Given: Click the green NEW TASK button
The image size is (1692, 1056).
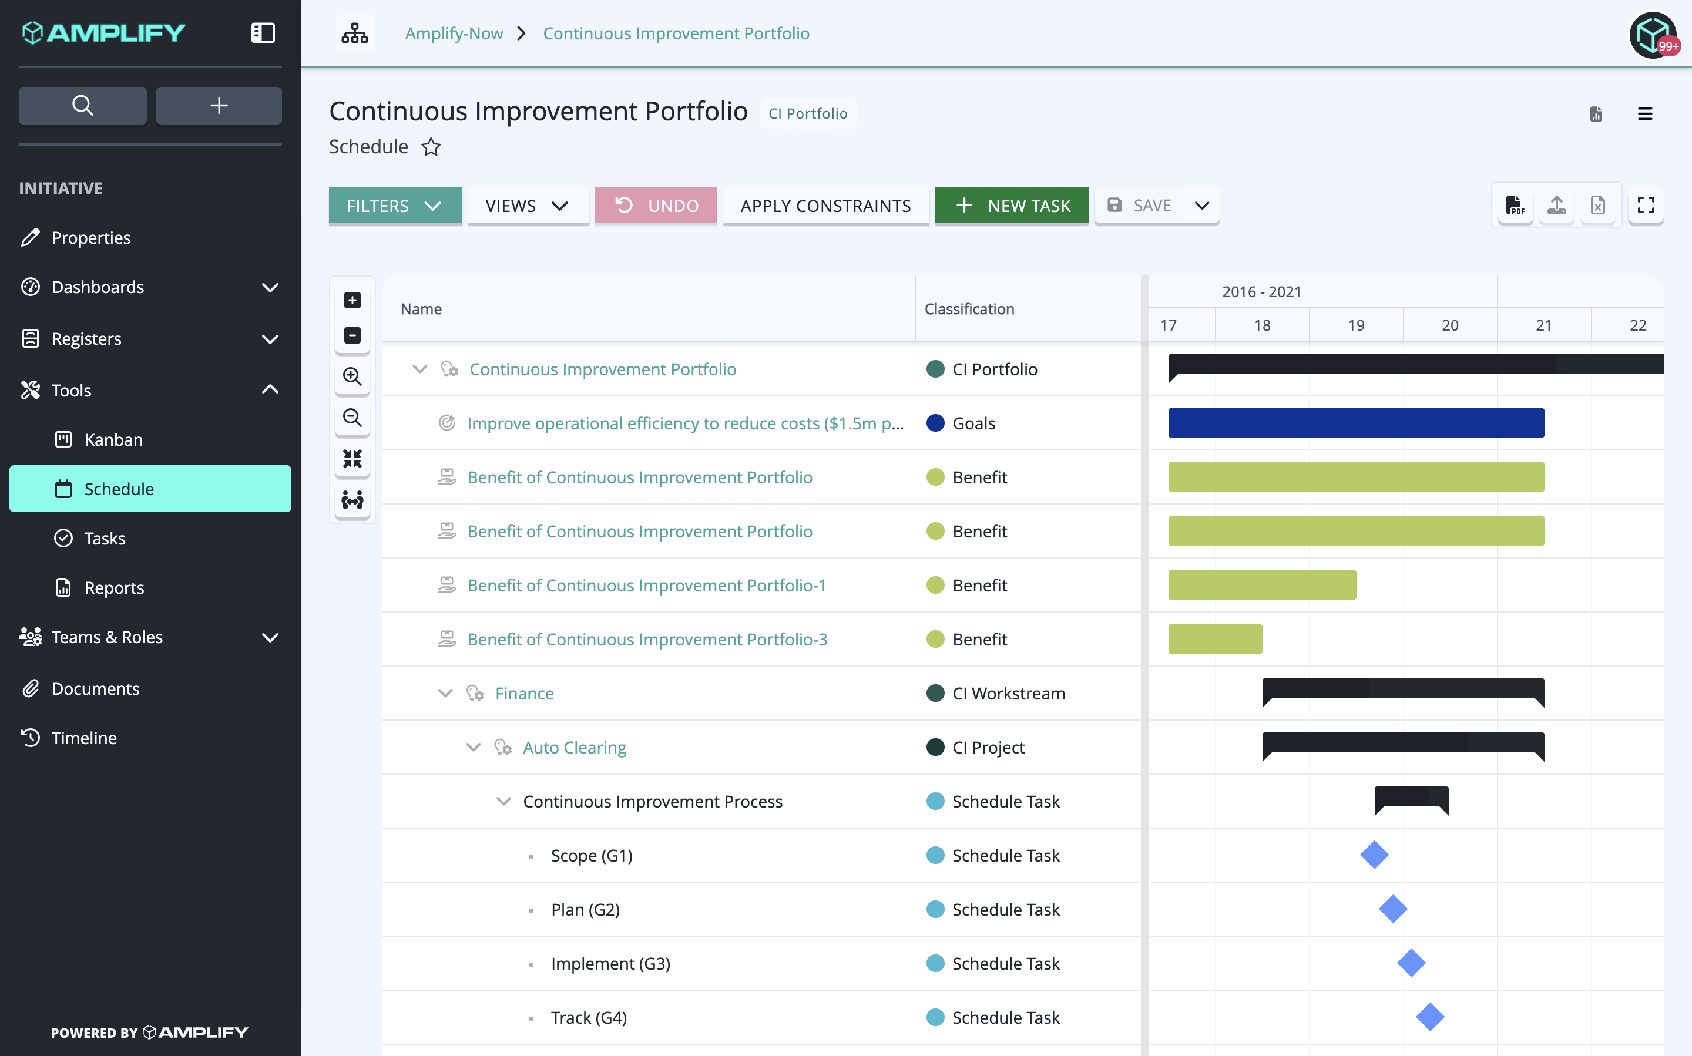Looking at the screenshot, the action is point(1011,206).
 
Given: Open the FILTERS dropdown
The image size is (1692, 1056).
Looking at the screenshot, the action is point(395,206).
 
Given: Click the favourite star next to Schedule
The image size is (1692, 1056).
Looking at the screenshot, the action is point(431,147).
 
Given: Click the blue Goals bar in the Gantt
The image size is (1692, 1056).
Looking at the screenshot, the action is point(1355,422).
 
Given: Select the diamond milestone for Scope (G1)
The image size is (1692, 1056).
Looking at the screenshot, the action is point(1374,855).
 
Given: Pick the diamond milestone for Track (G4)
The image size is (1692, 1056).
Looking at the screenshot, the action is point(1429,1017).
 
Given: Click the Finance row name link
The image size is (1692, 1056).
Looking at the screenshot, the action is point(524,693).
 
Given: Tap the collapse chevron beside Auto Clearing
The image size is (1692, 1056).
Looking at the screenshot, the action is point(473,746).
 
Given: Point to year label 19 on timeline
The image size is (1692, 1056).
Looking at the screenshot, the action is point(1356,325).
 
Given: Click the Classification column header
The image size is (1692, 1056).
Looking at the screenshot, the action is point(969,309).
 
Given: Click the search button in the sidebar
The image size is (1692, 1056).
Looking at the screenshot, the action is point(82,106).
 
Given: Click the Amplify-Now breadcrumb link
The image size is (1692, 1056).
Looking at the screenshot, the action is point(454,33).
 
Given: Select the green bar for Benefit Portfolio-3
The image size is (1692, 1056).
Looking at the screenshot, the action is point(1215,638).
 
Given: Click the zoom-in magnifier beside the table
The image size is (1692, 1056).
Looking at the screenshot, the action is point(352,376).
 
